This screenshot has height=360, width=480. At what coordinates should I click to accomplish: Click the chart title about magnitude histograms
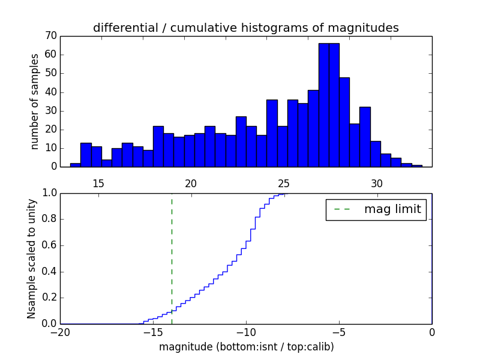tap(245, 28)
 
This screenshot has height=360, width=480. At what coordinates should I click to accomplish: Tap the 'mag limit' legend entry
tap(376, 209)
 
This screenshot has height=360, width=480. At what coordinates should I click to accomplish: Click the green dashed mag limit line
tap(172, 258)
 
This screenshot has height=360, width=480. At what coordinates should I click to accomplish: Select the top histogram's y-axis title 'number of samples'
tap(35, 101)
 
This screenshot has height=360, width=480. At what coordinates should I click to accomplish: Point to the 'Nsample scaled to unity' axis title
tap(31, 259)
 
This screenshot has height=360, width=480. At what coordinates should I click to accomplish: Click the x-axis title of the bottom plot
tap(246, 347)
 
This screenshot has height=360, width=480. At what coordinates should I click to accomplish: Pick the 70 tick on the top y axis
tap(50, 36)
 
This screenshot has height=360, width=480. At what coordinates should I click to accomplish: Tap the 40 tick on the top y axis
tap(50, 92)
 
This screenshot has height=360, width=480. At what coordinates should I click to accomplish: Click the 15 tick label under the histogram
tap(98, 184)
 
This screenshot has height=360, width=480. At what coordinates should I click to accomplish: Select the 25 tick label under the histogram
tap(284, 184)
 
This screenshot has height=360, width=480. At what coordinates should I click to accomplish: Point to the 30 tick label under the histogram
tap(376, 184)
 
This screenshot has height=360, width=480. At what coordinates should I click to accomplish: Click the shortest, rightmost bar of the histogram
tap(417, 166)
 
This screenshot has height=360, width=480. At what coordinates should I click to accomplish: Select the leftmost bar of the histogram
tap(75, 165)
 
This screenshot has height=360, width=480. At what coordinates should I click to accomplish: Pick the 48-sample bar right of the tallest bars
tap(344, 122)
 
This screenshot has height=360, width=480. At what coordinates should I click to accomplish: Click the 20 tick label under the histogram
tap(191, 184)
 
